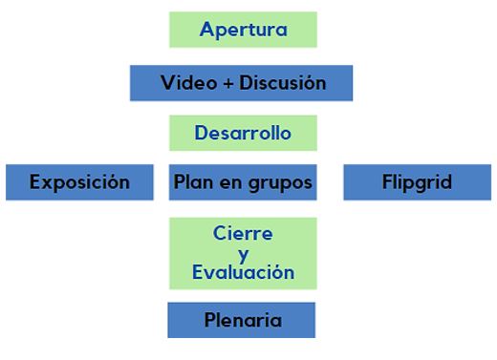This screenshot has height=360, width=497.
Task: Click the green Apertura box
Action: (x=243, y=29)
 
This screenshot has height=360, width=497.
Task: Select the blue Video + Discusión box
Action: (x=242, y=82)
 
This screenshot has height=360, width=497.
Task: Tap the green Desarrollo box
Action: (x=243, y=134)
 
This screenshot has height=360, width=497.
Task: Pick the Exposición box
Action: (x=79, y=181)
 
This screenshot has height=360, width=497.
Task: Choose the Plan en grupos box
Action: (x=243, y=181)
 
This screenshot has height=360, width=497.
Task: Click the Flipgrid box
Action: (x=417, y=181)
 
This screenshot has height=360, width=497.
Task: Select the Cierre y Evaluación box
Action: (x=243, y=253)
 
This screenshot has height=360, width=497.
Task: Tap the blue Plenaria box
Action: (x=242, y=319)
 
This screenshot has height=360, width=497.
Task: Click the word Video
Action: (x=187, y=82)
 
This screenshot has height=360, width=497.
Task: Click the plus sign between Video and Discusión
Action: (x=227, y=83)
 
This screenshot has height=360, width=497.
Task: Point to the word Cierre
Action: (x=243, y=234)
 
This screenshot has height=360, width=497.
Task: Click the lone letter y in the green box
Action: (x=243, y=254)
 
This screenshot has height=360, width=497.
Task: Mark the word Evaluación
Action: (x=243, y=272)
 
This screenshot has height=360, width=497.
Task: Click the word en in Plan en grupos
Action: (x=230, y=182)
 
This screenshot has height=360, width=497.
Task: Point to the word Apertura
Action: (x=243, y=30)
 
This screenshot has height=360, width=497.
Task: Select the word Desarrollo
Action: (x=243, y=134)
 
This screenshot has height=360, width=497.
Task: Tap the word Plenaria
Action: (x=242, y=319)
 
